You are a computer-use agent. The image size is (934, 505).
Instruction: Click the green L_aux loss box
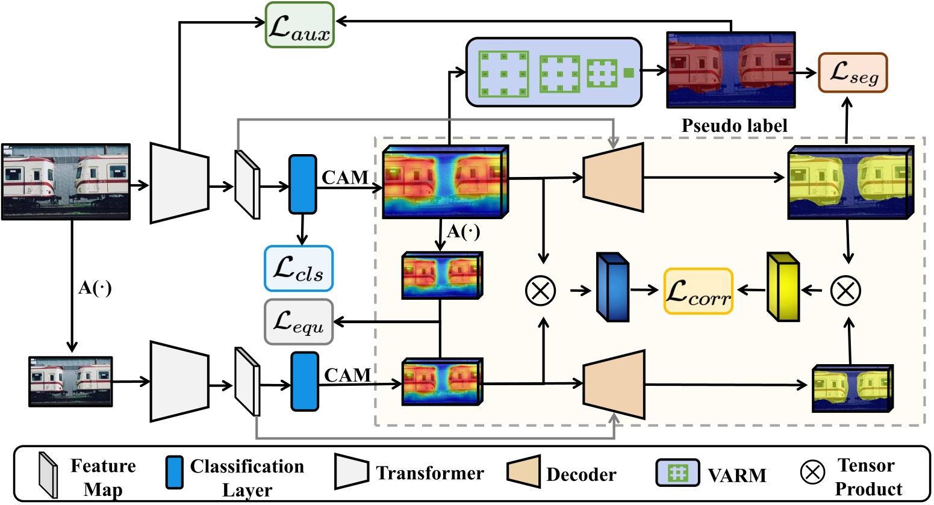tap(299, 25)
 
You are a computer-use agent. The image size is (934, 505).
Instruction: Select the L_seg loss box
tap(852, 73)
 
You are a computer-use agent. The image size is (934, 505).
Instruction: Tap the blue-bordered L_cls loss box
tap(298, 268)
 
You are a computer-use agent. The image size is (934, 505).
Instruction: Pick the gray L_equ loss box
tap(298, 322)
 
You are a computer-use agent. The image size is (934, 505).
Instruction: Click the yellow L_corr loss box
tap(698, 291)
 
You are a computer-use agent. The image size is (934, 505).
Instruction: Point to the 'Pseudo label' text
tap(733, 125)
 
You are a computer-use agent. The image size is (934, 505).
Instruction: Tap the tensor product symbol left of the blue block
tap(540, 291)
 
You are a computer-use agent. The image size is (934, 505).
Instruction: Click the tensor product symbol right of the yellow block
tap(845, 291)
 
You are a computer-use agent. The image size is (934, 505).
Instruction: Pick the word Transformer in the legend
tap(429, 474)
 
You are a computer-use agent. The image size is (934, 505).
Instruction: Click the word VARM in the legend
tap(736, 476)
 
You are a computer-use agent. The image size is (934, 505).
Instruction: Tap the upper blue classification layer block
tap(302, 184)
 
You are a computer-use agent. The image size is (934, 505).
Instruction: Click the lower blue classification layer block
tap(305, 382)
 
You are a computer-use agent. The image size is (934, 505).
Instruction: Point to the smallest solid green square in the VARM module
tap(628, 73)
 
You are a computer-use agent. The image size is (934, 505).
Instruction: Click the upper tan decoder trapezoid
tap(613, 178)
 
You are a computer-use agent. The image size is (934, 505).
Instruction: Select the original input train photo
tap(66, 181)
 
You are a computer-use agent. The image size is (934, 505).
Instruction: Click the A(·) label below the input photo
tap(95, 288)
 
